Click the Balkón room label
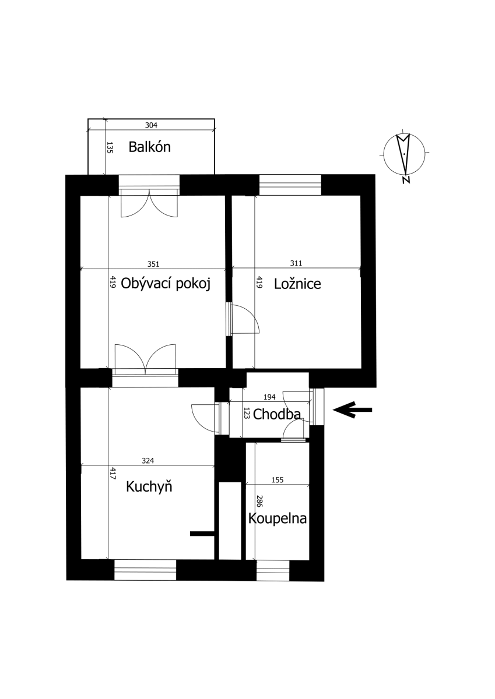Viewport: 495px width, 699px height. click(150, 147)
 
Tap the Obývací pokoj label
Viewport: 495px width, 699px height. click(166, 284)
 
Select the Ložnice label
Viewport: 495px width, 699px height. click(297, 284)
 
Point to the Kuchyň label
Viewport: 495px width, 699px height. click(149, 486)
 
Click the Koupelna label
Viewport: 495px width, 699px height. click(278, 518)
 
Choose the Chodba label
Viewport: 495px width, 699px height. click(277, 414)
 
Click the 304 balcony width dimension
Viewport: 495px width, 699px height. click(151, 125)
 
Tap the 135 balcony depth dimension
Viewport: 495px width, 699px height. click(110, 147)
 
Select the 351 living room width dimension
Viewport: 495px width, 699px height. click(153, 264)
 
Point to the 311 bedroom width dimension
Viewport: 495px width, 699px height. click(296, 263)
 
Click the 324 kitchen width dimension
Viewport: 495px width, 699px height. click(148, 461)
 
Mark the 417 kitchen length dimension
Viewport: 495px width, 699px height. click(113, 473)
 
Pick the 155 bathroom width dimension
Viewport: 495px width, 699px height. click(278, 479)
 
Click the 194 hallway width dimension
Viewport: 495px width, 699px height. click(269, 397)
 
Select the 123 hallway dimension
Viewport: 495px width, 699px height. click(247, 413)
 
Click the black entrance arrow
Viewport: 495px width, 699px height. click(353, 409)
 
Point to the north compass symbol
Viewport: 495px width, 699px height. click(405, 154)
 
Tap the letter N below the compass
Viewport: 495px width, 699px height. click(406, 180)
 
